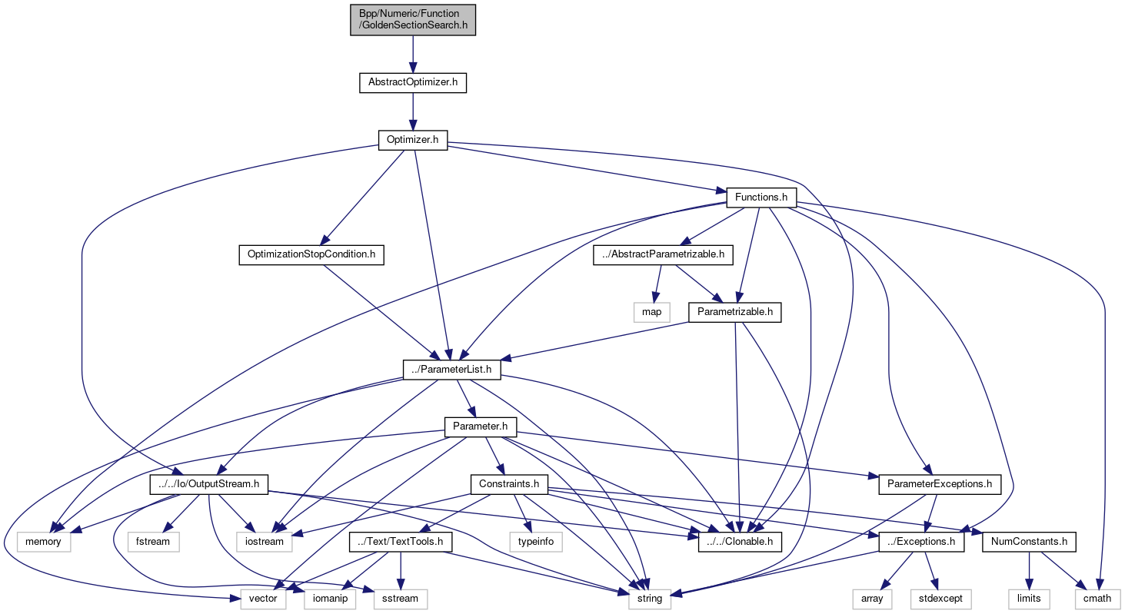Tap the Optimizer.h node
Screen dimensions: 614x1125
[x=413, y=140]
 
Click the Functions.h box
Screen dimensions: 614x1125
[x=761, y=197]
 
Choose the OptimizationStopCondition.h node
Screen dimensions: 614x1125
[x=311, y=254]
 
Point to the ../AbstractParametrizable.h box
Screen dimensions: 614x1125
[x=664, y=254]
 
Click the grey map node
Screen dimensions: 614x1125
[x=651, y=312]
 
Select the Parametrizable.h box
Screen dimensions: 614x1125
[x=735, y=312]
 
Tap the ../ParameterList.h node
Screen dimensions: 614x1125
[x=452, y=370]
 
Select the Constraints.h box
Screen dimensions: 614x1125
[x=509, y=484]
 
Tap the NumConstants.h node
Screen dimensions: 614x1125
[x=1029, y=541]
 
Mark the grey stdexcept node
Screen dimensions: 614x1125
[x=941, y=598]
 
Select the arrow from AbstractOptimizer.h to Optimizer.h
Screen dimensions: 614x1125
[x=413, y=111]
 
